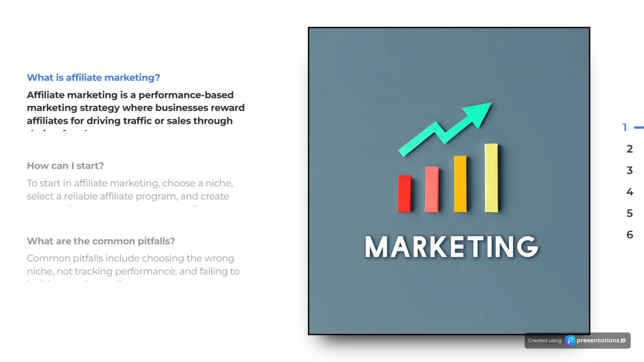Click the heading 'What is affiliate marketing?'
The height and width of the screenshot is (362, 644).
click(x=93, y=78)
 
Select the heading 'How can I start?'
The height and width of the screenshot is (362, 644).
click(x=65, y=166)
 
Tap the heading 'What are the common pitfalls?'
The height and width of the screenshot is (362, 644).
click(x=101, y=241)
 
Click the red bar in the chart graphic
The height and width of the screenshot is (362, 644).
click(x=405, y=194)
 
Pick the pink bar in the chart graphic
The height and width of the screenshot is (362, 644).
click(x=432, y=189)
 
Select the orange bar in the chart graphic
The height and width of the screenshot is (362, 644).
click(x=460, y=184)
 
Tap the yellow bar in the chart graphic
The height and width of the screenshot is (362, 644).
click(x=491, y=178)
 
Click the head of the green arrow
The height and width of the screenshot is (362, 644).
click(x=480, y=113)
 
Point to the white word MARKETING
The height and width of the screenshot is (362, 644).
click(x=452, y=247)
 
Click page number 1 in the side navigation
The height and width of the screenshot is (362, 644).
click(x=625, y=128)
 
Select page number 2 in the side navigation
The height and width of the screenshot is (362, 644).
click(x=630, y=149)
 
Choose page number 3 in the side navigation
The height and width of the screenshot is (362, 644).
click(x=630, y=170)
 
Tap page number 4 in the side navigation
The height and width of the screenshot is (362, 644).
click(x=630, y=192)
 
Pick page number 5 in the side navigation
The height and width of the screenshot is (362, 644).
click(x=630, y=213)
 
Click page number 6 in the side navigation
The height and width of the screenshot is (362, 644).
click(x=630, y=235)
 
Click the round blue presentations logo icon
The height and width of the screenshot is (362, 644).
click(x=570, y=340)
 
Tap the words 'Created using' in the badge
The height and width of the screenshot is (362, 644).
click(x=545, y=340)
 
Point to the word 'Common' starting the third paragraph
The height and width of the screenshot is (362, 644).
click(x=48, y=258)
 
